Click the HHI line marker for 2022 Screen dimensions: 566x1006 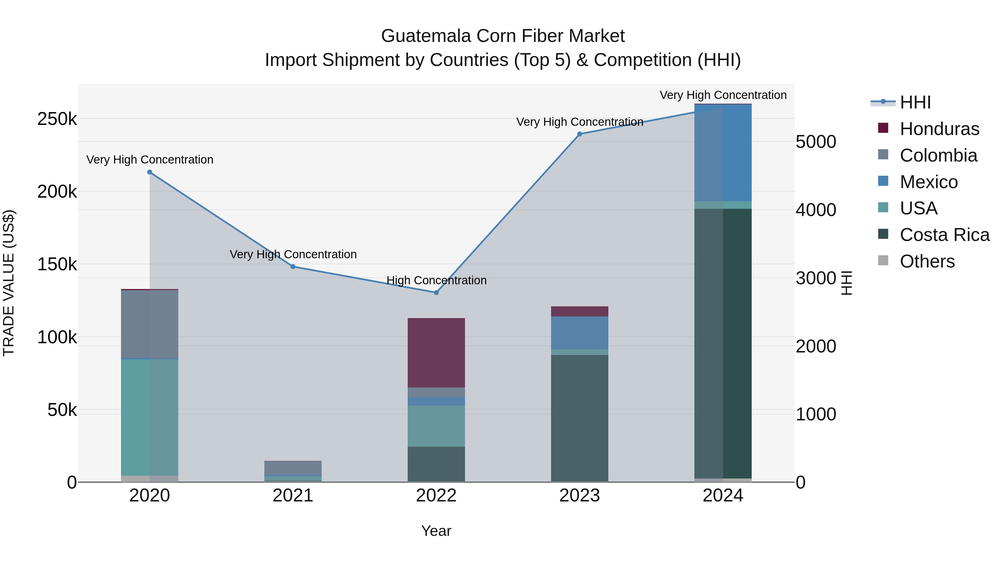(436, 293)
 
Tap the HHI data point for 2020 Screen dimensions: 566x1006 (150, 172)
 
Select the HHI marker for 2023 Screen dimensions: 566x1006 (580, 134)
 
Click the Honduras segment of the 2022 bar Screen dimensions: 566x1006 (436, 353)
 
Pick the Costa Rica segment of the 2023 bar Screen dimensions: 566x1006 (580, 418)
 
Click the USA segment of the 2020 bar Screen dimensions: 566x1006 (150, 417)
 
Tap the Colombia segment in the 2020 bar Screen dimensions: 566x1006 (150, 324)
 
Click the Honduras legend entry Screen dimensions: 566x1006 (939, 129)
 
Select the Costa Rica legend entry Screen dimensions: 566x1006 (944, 235)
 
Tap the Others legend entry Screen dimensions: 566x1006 (927, 261)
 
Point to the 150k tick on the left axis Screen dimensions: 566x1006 (57, 264)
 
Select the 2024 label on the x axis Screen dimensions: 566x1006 (723, 496)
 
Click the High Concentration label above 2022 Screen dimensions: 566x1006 (436, 280)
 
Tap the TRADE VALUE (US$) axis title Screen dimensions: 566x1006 (9, 283)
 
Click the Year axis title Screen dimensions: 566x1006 (436, 531)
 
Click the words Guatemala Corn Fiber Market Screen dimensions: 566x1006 (503, 36)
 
